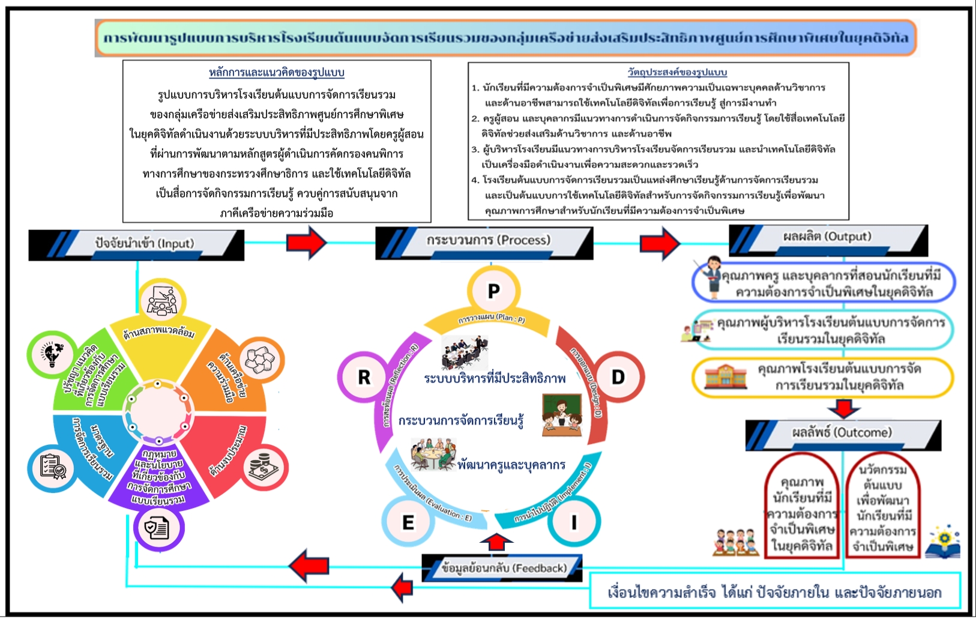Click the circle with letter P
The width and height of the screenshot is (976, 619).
click(x=493, y=291)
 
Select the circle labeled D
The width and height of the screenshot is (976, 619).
click(x=618, y=377)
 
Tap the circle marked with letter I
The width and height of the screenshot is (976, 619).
click(x=573, y=522)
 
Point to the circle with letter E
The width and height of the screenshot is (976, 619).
click(x=408, y=522)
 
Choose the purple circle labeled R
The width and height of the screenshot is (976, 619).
click(x=364, y=377)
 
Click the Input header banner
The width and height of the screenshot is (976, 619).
click(x=136, y=244)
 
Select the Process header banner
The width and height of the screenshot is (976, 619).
click(x=484, y=241)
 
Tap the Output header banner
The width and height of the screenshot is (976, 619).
click(x=828, y=238)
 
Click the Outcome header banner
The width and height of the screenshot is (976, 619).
click(x=843, y=433)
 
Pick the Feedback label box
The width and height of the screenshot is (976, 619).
click(x=503, y=568)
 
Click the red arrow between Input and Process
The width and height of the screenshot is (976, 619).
click(x=306, y=243)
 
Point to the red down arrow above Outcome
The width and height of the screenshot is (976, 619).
click(x=843, y=408)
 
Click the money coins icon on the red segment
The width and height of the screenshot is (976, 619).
click(x=263, y=467)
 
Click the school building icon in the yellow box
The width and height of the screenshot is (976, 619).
click(x=721, y=377)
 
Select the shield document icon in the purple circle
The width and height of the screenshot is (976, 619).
click(x=157, y=528)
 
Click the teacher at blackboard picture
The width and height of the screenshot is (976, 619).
click(x=562, y=414)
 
